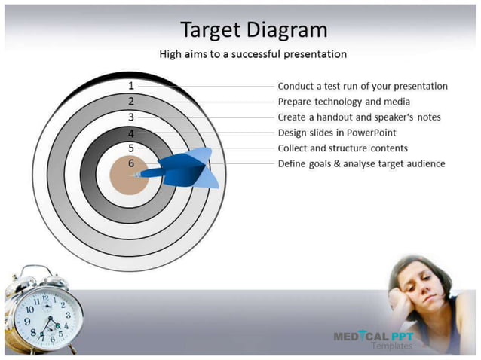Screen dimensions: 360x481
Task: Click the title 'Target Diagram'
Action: [253, 29]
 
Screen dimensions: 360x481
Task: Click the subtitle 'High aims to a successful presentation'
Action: [253, 54]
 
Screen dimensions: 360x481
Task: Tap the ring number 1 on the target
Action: [131, 86]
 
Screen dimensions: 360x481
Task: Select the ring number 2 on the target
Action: [131, 101]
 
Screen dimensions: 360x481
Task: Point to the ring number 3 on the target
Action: [131, 117]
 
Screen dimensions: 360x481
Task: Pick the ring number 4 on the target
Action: [131, 133]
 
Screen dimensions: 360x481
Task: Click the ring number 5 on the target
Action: [131, 148]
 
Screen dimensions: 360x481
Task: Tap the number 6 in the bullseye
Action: [131, 163]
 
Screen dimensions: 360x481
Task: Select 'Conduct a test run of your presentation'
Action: [363, 86]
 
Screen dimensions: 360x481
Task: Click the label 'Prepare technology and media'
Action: [344, 102]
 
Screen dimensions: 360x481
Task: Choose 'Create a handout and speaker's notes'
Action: [359, 117]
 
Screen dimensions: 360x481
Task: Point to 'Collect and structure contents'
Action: [342, 148]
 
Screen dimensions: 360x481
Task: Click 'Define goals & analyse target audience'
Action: [361, 163]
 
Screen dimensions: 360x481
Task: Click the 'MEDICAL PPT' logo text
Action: [373, 336]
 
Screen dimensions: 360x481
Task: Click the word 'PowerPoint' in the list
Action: [381, 133]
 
